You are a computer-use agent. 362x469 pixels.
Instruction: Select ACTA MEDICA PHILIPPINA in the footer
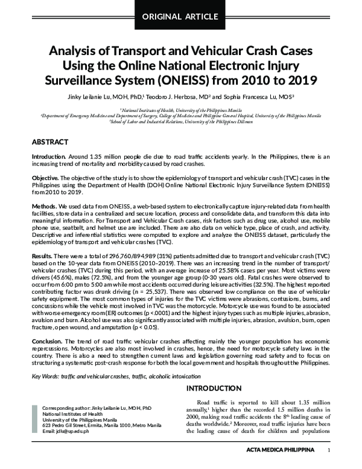pos(281,451)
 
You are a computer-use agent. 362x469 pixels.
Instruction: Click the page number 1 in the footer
pos(328,451)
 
